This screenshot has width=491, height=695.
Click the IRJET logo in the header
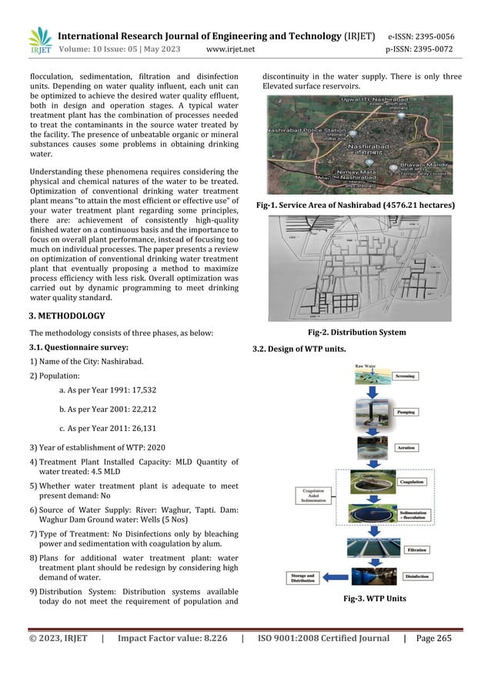(39, 42)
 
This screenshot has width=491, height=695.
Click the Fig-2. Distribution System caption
(356, 332)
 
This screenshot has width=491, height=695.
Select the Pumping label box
(406, 412)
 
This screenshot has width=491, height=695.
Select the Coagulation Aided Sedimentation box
(312, 495)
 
